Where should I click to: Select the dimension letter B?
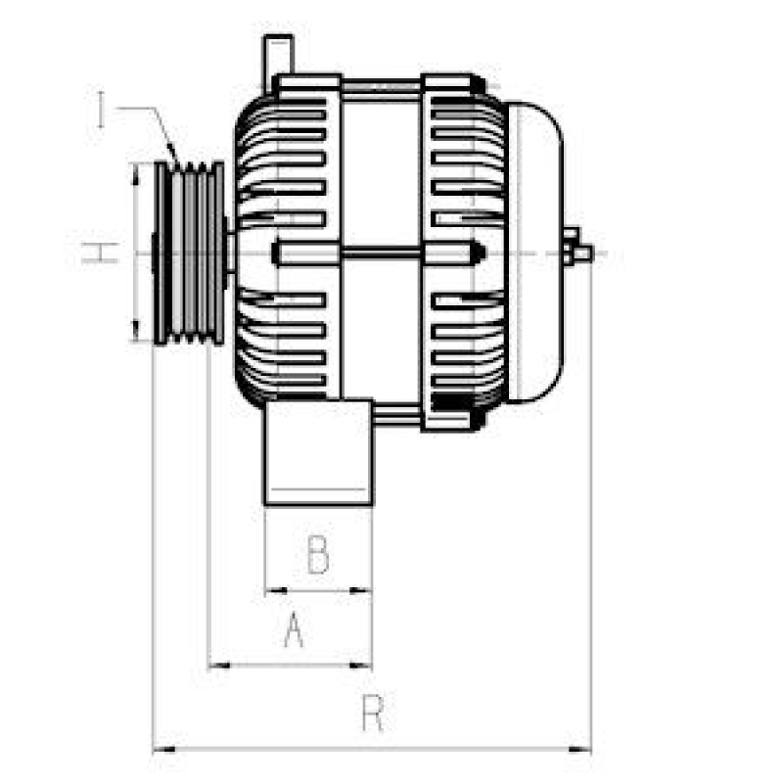point(318,555)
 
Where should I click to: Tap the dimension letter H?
point(99,253)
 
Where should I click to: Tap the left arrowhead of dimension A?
point(215,666)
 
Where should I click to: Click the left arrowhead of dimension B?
point(271,591)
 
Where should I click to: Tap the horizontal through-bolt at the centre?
point(382,256)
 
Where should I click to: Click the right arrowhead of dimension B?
point(366,591)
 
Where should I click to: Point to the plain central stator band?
point(382,176)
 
